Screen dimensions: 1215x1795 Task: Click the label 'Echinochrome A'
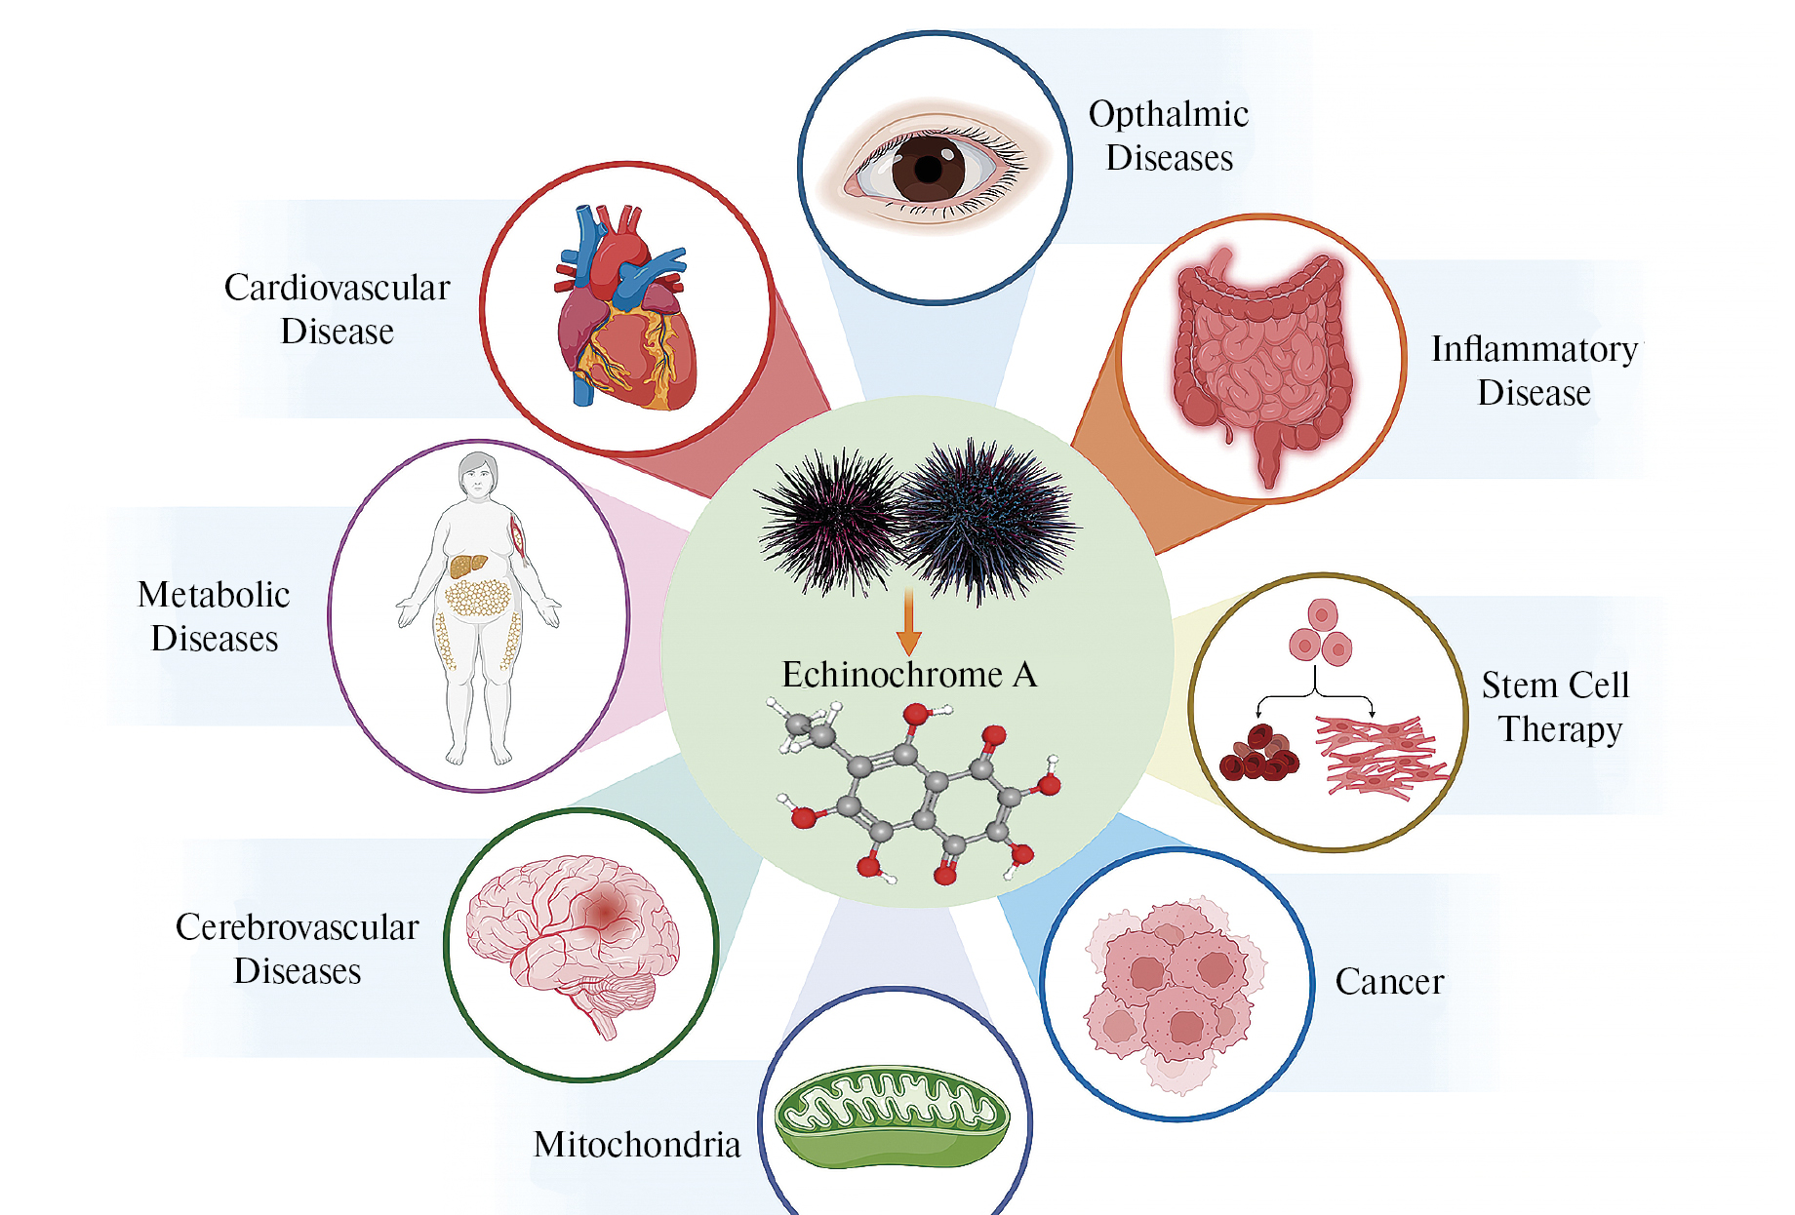tap(908, 675)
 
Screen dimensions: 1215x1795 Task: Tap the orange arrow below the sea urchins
tap(908, 624)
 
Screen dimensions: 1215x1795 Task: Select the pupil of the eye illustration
tap(928, 169)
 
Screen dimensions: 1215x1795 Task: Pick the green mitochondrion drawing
tap(892, 1116)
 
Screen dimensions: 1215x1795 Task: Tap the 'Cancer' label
tap(1389, 982)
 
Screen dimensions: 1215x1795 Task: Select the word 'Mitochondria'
tap(637, 1145)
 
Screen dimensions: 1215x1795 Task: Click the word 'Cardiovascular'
tap(337, 288)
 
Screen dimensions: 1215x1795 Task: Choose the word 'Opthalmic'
tap(1169, 114)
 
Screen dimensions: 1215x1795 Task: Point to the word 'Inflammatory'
tap(1534, 349)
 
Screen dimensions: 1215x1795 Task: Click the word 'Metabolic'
tap(214, 595)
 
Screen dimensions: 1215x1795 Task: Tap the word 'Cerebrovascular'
tap(297, 927)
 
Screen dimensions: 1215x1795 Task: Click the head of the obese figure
tap(478, 474)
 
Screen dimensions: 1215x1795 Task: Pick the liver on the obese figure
tap(467, 565)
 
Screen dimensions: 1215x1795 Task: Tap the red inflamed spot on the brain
tap(607, 910)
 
